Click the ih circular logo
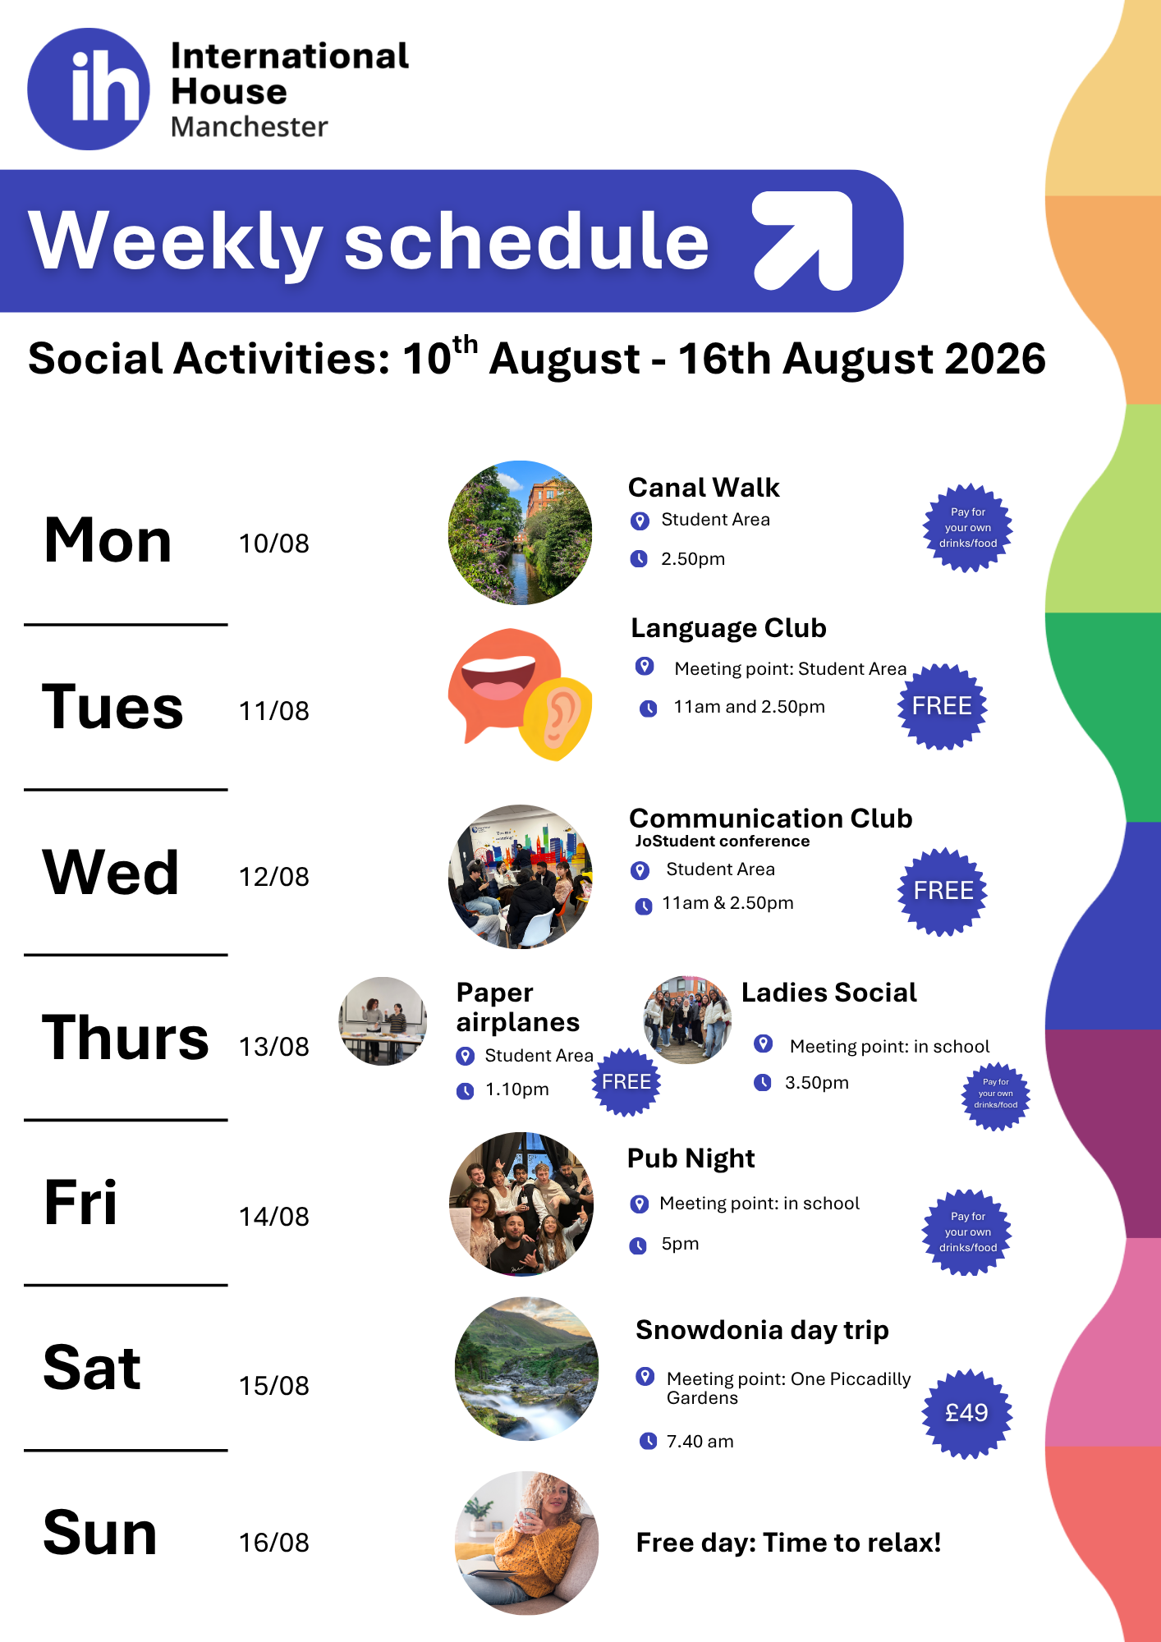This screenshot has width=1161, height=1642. click(89, 89)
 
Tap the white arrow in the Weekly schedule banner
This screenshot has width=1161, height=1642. click(804, 241)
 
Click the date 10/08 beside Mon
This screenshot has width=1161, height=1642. click(274, 544)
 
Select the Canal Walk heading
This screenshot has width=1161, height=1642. click(704, 488)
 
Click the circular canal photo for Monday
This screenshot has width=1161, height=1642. click(520, 533)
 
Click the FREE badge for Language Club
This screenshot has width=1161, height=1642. click(942, 706)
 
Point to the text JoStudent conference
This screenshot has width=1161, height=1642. click(723, 841)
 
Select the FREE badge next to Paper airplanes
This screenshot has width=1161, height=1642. click(626, 1082)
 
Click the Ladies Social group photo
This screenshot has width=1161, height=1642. click(687, 1020)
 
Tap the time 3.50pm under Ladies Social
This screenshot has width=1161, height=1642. click(817, 1083)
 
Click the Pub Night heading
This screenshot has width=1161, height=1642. click(691, 1158)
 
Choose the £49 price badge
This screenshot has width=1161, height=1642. click(967, 1413)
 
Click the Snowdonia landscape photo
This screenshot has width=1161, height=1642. click(527, 1369)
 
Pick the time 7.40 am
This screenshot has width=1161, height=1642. click(700, 1442)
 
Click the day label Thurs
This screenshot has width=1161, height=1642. click(126, 1038)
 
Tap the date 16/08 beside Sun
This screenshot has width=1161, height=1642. click(274, 1543)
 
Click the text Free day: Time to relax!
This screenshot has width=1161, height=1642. click(788, 1543)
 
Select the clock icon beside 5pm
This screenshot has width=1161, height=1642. click(638, 1245)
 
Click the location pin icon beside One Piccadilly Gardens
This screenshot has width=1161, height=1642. click(645, 1377)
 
